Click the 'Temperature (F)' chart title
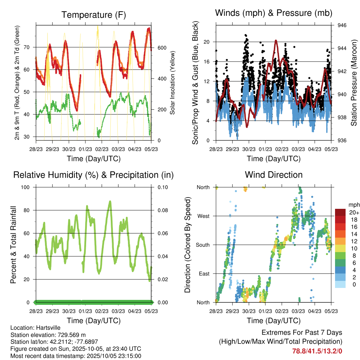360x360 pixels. click(94, 15)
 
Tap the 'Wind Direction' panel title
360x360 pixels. click(274, 174)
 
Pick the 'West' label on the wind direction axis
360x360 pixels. click(204, 216)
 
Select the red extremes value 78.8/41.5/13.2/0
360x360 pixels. click(317, 351)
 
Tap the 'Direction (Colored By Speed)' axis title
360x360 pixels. click(188, 245)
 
